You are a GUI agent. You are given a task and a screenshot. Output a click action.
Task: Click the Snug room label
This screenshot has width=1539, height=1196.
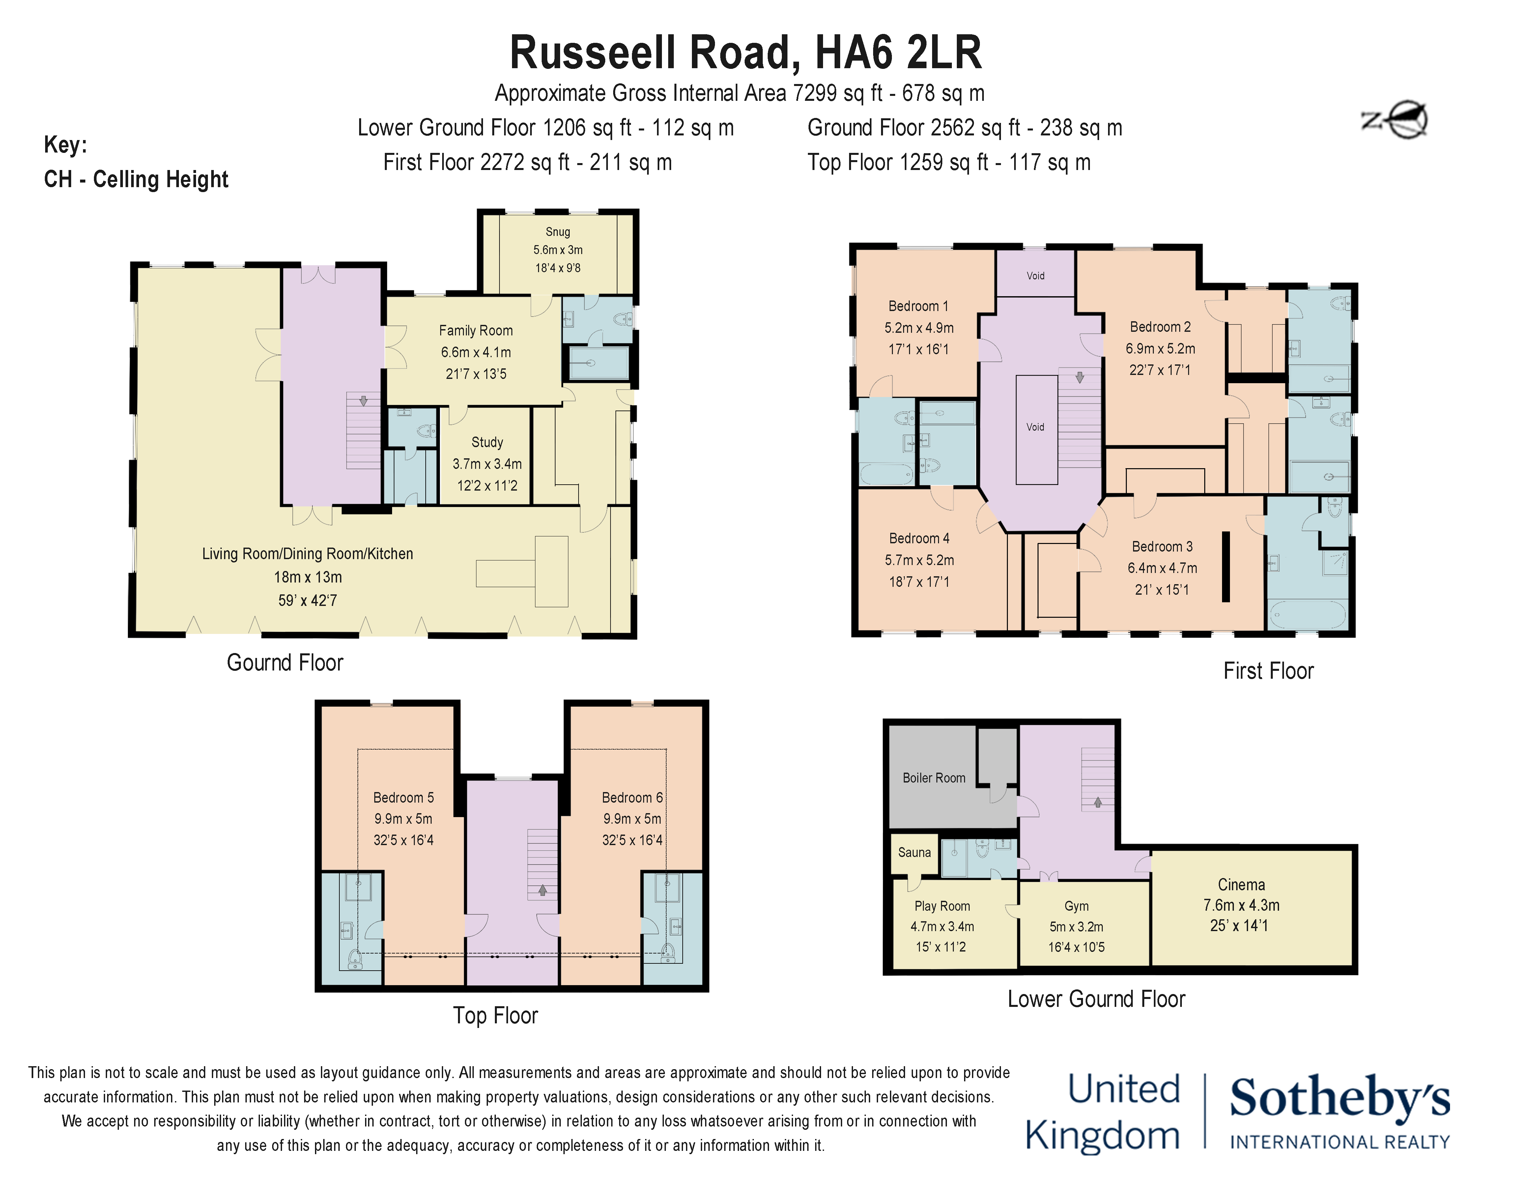pyautogui.click(x=557, y=232)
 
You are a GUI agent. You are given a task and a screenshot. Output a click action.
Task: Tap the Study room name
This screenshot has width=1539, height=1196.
pyautogui.click(x=487, y=442)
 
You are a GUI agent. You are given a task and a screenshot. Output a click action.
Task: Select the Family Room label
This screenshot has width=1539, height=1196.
pyautogui.click(x=476, y=330)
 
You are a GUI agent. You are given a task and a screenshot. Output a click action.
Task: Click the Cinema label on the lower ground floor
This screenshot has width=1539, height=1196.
pyautogui.click(x=1241, y=885)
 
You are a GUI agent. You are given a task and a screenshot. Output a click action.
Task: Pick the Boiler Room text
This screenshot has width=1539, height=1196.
pyautogui.click(x=934, y=778)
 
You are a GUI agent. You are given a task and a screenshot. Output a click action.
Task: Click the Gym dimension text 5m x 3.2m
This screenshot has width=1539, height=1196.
pyautogui.click(x=1076, y=927)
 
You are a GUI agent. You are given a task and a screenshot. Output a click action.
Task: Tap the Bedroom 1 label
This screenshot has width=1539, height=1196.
pyautogui.click(x=918, y=306)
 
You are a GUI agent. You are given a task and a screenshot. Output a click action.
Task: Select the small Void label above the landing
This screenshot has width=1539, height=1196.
pyautogui.click(x=1035, y=275)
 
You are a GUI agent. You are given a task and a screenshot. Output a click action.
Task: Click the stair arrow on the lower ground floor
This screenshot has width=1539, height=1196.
pyautogui.click(x=1097, y=802)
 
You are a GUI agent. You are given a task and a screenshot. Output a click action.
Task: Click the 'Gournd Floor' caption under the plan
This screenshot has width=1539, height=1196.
pyautogui.click(x=285, y=663)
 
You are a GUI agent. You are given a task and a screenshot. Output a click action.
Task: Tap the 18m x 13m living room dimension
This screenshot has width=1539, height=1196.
pyautogui.click(x=308, y=577)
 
